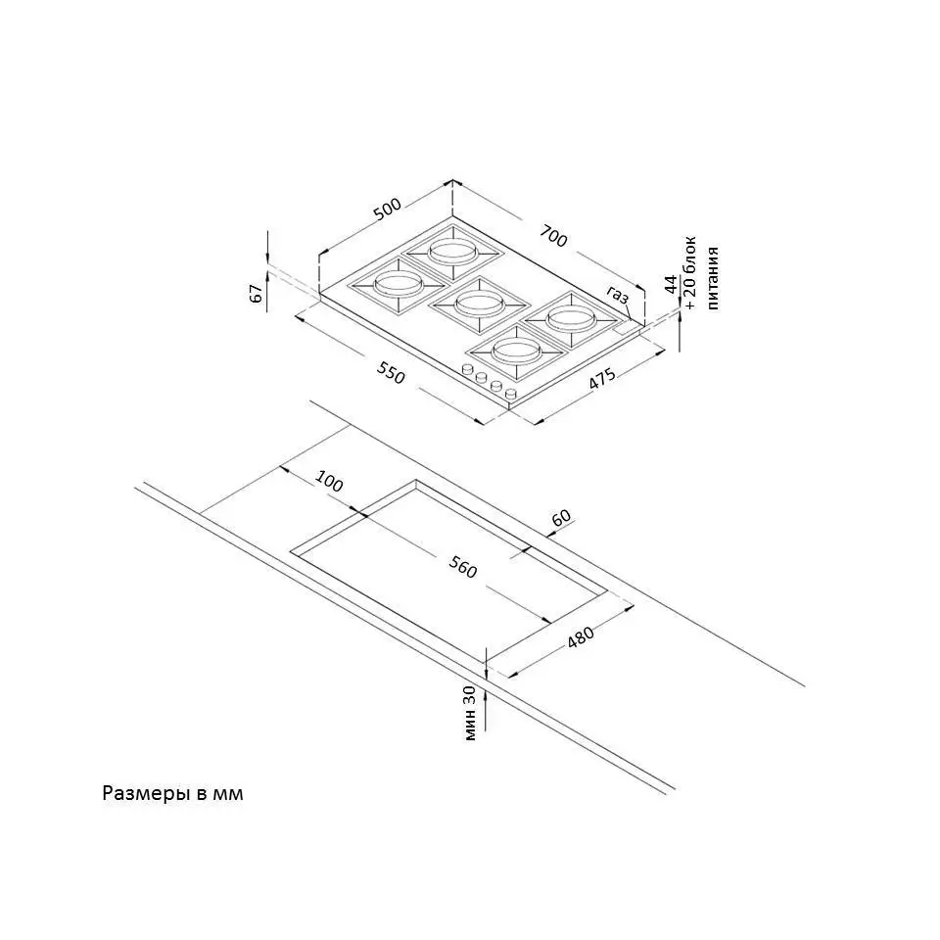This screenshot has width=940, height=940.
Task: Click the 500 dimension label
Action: tap(387, 209)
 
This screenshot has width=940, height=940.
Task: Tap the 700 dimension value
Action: tap(552, 236)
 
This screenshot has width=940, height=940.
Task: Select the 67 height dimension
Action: tap(257, 294)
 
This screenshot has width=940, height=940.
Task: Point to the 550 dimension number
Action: tap(391, 374)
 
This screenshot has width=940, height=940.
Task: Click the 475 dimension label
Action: tap(601, 379)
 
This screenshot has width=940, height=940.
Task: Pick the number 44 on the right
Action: tap(671, 284)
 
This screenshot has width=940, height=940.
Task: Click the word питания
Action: tap(712, 278)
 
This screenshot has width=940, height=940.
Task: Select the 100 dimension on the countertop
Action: tap(329, 482)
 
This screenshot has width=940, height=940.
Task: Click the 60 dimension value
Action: tap(561, 517)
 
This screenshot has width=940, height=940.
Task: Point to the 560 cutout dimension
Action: tap(462, 568)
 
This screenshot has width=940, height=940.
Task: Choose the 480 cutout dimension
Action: tap(581, 637)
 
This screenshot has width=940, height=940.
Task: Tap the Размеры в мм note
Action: tap(172, 794)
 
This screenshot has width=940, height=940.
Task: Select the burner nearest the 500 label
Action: tap(452, 252)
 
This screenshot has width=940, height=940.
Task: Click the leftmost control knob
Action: tap(468, 370)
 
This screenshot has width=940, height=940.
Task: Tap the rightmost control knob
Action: tap(511, 394)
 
